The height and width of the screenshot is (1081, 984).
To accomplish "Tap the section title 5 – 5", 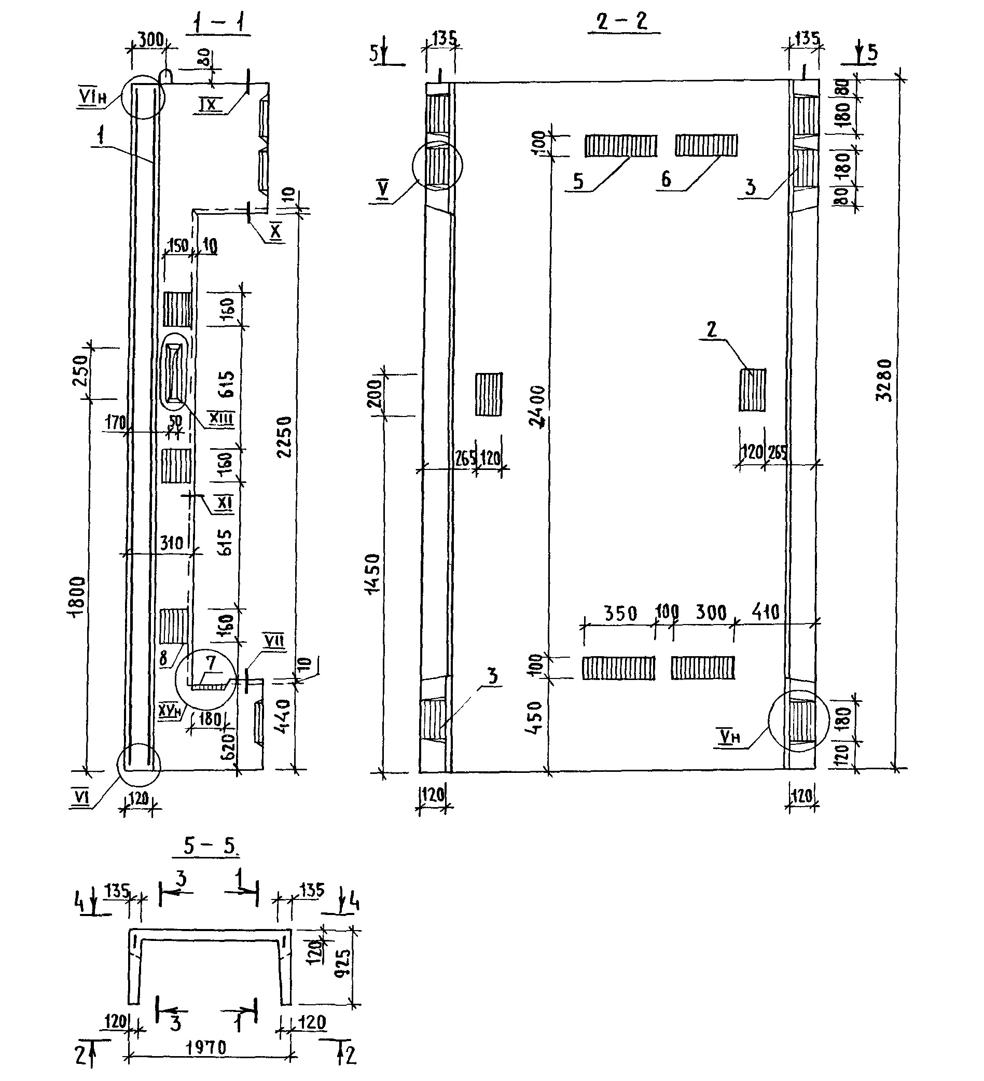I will point(210,846).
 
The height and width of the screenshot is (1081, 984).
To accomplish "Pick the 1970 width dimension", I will point(206,1047).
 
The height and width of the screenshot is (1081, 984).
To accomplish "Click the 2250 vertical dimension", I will point(285,436).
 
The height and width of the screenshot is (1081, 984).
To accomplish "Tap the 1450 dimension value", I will point(372,573).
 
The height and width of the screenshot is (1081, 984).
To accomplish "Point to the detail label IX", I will point(209,104).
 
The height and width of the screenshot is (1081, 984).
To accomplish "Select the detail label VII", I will point(274,641).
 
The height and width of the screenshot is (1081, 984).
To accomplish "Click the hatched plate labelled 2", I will point(752,390).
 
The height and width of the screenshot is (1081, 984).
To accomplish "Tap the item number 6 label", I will point(666,179).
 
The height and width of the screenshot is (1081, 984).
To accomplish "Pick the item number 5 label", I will point(578,181).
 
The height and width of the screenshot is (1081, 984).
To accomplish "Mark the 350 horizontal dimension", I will point(620,613).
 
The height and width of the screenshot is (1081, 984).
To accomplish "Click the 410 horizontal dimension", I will point(765,612).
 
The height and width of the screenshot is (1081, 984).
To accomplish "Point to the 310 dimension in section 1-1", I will point(172,543).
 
